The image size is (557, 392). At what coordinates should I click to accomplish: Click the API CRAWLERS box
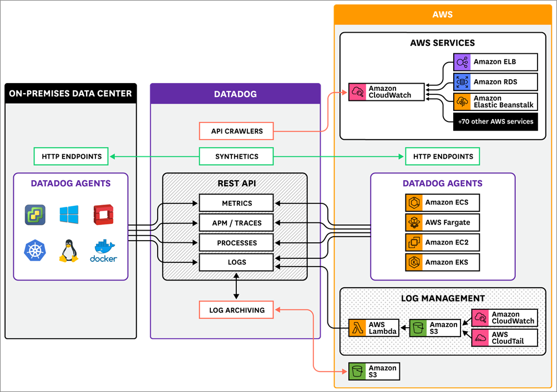[x=236, y=131]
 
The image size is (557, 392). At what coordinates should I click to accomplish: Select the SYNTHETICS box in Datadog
[x=236, y=157]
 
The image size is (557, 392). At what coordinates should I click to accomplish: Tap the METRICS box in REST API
[x=236, y=203]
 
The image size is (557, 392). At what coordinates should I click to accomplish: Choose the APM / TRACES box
[x=236, y=223]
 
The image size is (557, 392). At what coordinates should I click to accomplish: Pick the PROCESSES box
[x=236, y=243]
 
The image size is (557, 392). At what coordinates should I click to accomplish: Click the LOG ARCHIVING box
[x=236, y=310]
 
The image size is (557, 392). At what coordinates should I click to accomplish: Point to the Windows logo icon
[x=69, y=215]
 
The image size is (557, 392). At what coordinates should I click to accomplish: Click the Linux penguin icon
[x=69, y=251]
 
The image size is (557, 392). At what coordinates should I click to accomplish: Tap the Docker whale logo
[x=103, y=251]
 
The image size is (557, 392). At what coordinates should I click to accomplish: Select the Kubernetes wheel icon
[x=34, y=251]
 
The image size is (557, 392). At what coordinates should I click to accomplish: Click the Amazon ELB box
[x=495, y=62]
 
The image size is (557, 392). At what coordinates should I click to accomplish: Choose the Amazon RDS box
[x=495, y=82]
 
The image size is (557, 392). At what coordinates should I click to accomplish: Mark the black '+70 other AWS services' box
[x=495, y=121]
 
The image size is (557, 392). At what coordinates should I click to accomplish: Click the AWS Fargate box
[x=442, y=222]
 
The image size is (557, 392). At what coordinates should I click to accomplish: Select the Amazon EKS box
[x=442, y=262]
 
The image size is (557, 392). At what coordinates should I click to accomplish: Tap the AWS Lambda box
[x=373, y=328]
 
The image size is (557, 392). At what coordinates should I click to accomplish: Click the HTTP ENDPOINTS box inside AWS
[x=442, y=157]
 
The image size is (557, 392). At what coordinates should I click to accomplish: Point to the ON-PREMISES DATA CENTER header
[x=70, y=94]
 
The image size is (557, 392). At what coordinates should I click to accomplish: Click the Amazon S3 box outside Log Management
[x=373, y=371]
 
